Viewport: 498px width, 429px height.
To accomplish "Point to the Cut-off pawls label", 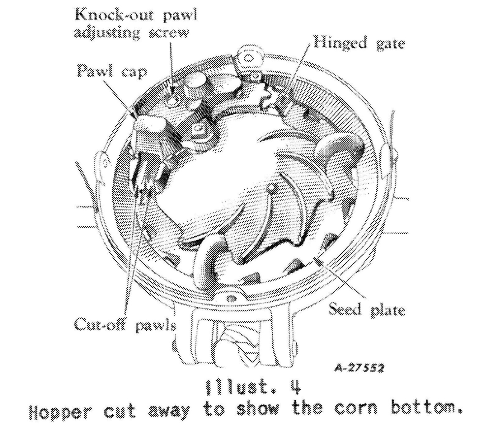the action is click(x=125, y=325).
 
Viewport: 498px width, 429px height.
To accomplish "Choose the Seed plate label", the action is click(x=367, y=310).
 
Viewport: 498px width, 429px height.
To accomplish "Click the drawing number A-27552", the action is click(x=359, y=368).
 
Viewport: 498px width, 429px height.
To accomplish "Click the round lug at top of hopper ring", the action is click(x=248, y=58).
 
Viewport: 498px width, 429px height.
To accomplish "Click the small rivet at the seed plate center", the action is click(x=271, y=187).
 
